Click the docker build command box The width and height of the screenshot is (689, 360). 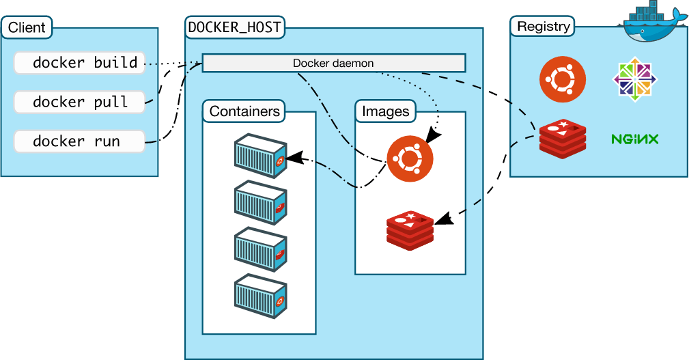click(80, 64)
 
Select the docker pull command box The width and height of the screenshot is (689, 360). click(80, 102)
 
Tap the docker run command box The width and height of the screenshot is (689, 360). click(80, 141)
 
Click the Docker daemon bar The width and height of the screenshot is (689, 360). click(333, 64)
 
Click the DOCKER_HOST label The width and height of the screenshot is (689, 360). click(235, 28)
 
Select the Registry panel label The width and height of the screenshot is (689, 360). click(543, 27)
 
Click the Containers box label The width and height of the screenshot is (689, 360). click(244, 111)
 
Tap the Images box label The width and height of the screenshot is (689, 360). click(386, 111)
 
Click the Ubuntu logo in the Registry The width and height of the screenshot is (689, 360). click(563, 79)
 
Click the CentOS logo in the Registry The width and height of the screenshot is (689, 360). click(634, 79)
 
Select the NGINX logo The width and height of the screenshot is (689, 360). click(634, 139)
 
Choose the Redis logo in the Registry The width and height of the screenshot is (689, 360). click(563, 139)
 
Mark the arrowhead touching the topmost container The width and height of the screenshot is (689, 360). click(294, 158)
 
